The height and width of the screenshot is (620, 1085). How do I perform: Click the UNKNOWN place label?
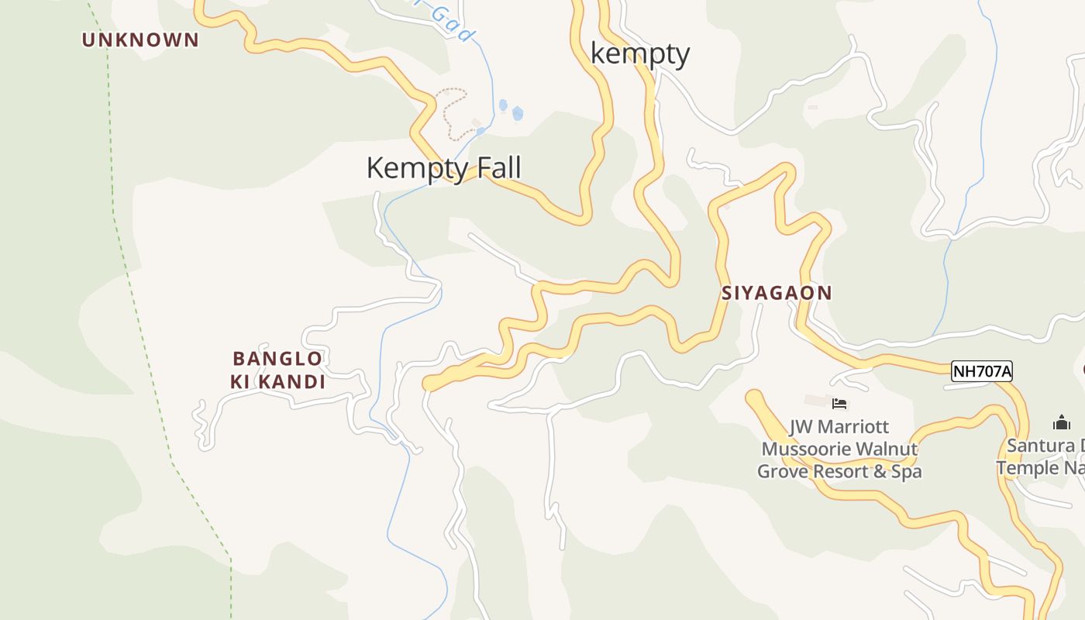click(140, 40)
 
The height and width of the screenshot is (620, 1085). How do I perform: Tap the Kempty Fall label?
click(443, 168)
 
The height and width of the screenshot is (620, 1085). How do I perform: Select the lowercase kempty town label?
click(639, 54)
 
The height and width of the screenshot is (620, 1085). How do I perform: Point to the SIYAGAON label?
click(777, 293)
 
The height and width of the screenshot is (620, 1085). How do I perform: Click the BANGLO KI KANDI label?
click(277, 370)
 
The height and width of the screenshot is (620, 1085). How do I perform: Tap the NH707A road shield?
click(982, 371)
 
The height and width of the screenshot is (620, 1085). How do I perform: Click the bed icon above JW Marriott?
click(839, 403)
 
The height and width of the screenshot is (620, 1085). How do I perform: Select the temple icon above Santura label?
click(1061, 422)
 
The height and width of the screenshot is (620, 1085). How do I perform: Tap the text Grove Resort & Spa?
click(839, 470)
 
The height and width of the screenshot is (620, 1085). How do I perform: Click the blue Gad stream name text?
click(449, 22)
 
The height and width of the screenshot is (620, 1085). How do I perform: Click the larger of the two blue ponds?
click(517, 114)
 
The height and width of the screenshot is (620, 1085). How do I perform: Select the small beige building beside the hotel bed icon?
click(816, 401)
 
